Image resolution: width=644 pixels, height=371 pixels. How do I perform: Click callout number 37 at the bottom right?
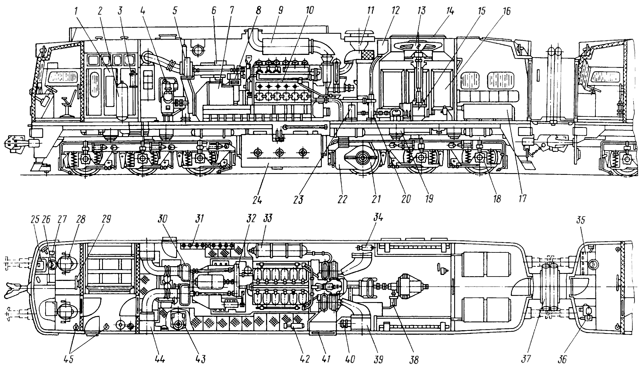click(x=526, y=359)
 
